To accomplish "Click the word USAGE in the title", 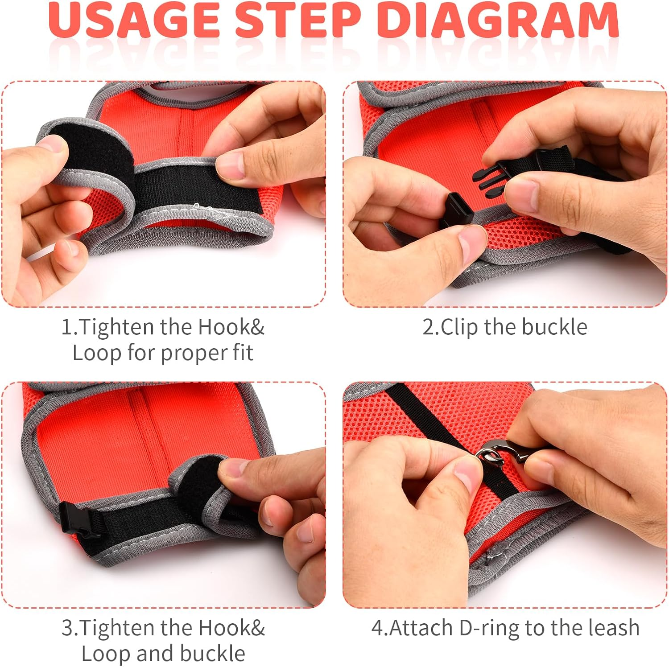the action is click(134, 20).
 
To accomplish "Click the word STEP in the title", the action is click(298, 20).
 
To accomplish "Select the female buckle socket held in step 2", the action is click(457, 209).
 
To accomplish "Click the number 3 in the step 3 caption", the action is click(67, 628).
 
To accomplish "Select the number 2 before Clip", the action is click(429, 327).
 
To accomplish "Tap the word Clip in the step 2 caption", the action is click(459, 328).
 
